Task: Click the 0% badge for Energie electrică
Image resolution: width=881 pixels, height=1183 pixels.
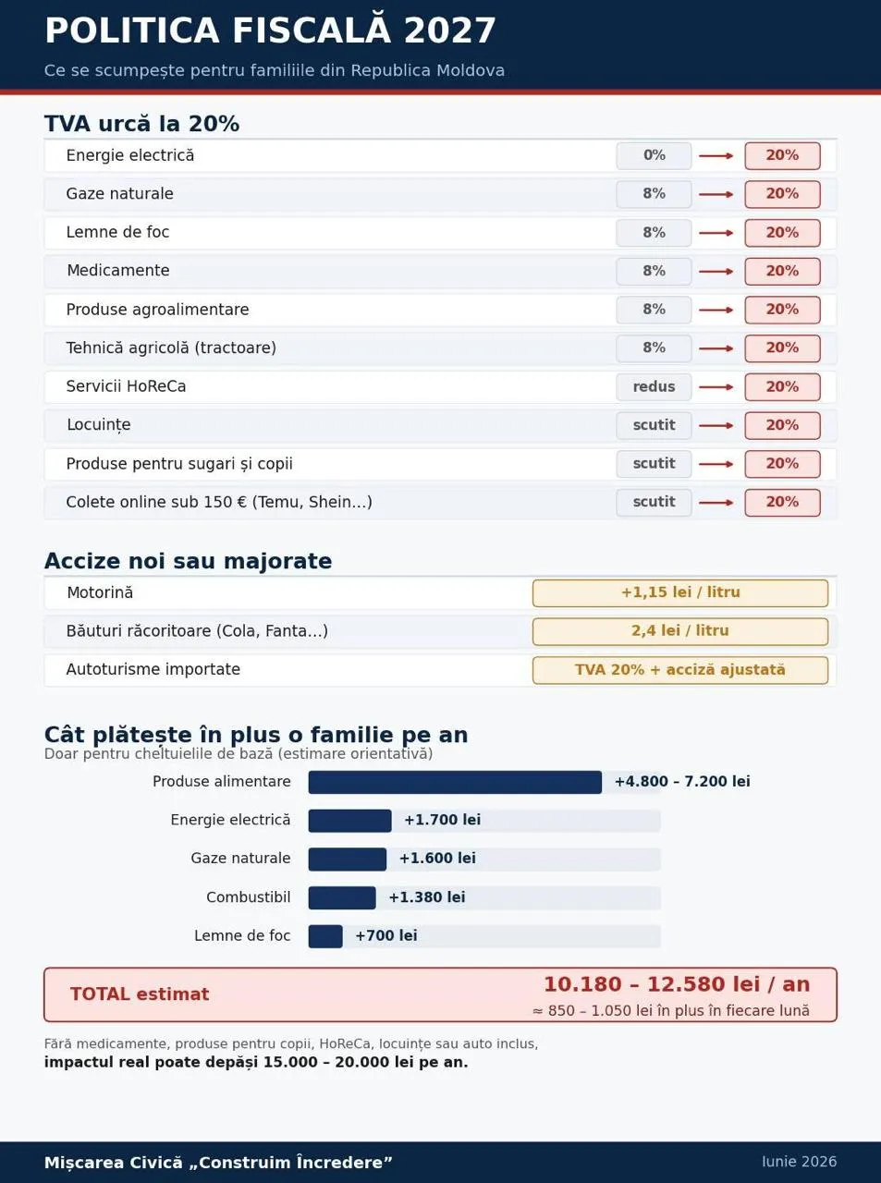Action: tap(654, 156)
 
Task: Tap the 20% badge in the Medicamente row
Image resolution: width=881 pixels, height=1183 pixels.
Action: tap(782, 272)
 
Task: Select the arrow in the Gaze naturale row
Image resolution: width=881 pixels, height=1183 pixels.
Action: tap(716, 195)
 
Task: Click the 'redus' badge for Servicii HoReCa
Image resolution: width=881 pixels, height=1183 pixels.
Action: tap(654, 386)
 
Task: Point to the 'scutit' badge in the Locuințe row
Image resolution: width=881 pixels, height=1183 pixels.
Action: tap(654, 425)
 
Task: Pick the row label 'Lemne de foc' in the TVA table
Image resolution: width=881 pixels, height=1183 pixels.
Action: tap(117, 232)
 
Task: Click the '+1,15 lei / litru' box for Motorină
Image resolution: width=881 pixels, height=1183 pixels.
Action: tap(680, 592)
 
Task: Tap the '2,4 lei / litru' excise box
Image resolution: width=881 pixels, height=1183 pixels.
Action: tap(680, 631)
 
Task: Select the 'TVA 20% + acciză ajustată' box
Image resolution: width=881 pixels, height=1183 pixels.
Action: tap(680, 670)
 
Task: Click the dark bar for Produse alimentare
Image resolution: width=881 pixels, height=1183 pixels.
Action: tap(455, 782)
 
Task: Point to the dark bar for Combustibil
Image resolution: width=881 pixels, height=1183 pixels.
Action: tap(342, 897)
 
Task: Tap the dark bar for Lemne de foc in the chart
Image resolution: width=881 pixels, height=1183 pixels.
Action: tap(325, 936)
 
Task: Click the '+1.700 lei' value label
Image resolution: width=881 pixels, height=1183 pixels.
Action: tap(443, 820)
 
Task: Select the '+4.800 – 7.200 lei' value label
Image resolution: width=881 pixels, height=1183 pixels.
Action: tap(682, 781)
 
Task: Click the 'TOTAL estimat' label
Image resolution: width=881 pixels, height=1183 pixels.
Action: tap(140, 994)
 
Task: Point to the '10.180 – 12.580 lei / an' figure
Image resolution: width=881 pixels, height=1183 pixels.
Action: tap(677, 984)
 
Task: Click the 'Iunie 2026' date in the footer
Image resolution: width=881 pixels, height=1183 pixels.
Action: tap(800, 1162)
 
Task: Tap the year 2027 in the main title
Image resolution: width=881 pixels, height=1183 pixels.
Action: tap(450, 30)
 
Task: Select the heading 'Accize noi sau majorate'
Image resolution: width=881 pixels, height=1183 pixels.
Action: tap(188, 561)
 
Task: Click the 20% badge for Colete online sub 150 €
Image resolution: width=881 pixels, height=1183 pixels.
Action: tap(782, 503)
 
